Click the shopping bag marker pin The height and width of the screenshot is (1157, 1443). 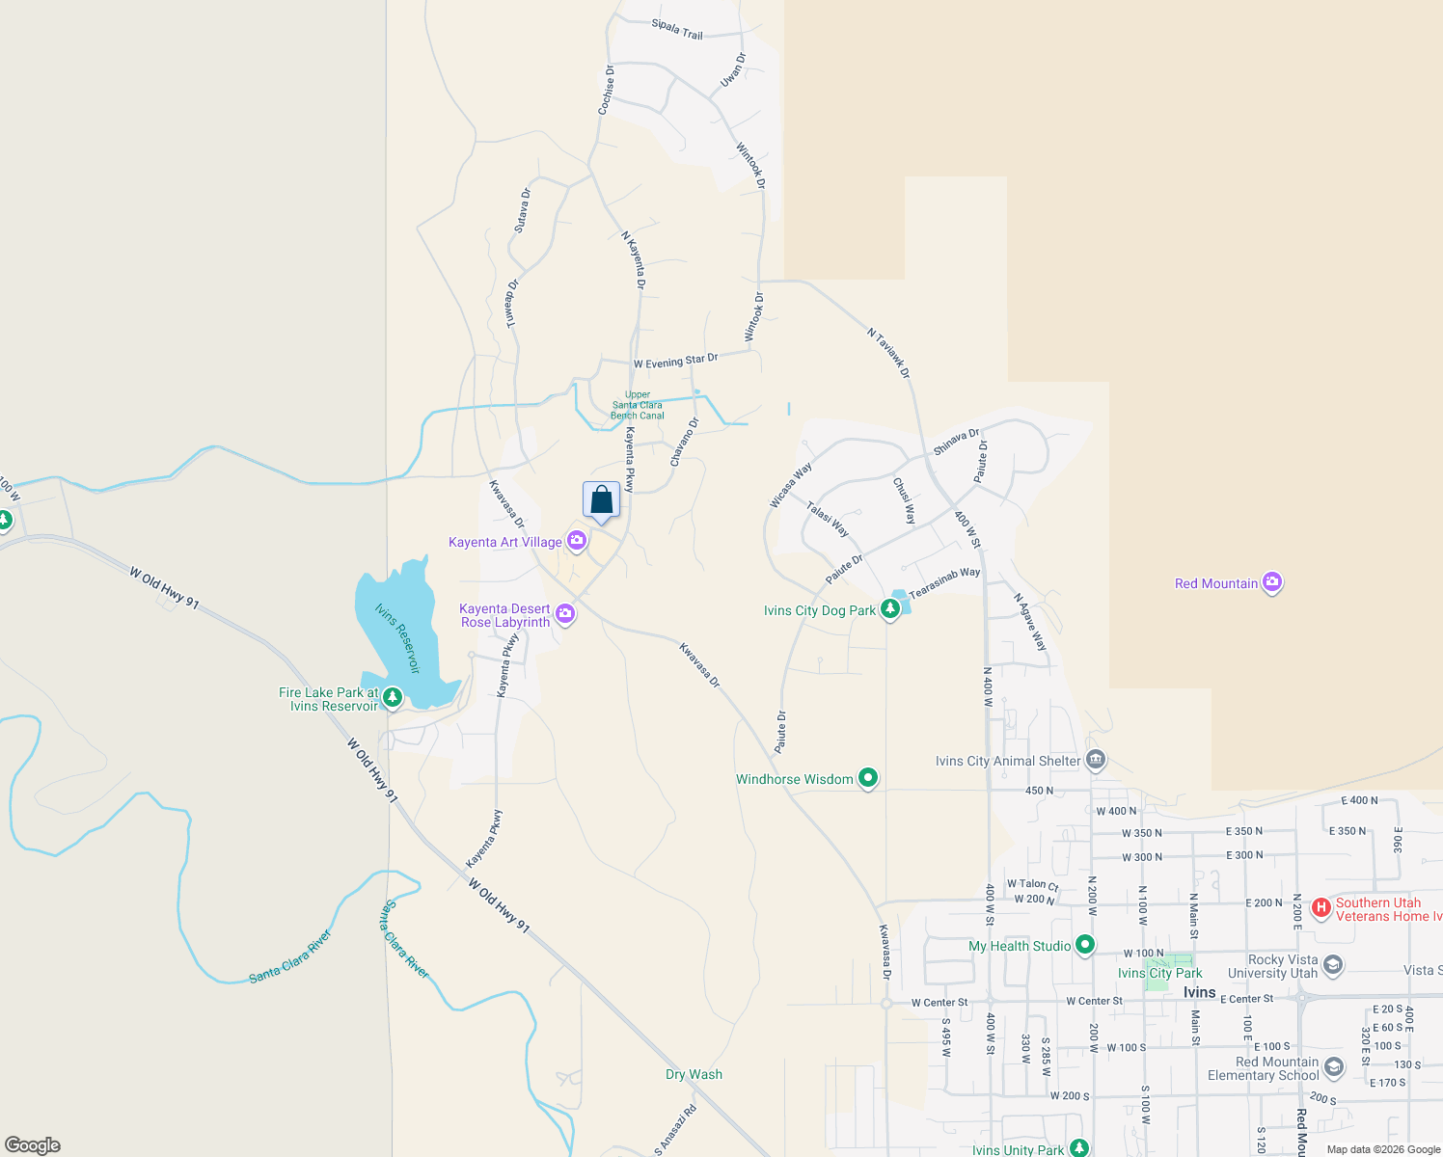(601, 500)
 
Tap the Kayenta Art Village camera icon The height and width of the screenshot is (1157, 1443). (577, 541)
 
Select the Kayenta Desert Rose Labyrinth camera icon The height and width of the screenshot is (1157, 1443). (565, 614)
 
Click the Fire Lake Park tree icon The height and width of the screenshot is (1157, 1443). (392, 697)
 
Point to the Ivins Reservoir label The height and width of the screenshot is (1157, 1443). (398, 638)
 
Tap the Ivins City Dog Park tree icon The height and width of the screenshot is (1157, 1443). (890, 608)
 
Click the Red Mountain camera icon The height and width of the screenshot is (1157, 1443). (1272, 582)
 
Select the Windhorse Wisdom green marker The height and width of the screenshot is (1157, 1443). (868, 778)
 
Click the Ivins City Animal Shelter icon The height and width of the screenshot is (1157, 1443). (1095, 761)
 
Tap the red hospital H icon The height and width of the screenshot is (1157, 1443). (1321, 908)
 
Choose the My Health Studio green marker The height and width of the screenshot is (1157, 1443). (1085, 945)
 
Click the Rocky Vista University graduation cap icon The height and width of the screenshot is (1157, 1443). (1333, 965)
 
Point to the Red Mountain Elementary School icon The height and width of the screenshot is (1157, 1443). (1333, 1067)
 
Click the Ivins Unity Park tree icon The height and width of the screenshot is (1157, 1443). (1079, 1148)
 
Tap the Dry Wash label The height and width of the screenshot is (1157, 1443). (694, 1074)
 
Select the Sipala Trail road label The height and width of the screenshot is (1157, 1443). (677, 29)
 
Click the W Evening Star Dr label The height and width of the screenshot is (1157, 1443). (675, 362)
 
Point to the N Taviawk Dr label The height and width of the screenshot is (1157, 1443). (888, 353)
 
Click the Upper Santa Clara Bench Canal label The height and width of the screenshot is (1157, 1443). (638, 405)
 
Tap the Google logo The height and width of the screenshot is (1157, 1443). (33, 1145)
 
